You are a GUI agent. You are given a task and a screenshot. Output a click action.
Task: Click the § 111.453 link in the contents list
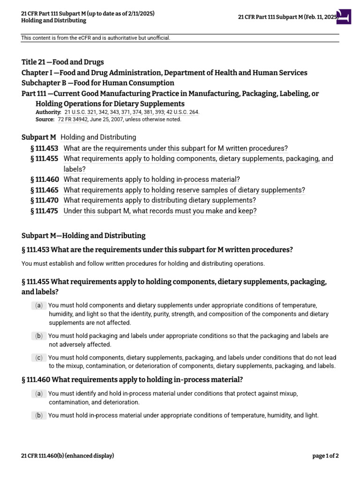(x=44, y=148)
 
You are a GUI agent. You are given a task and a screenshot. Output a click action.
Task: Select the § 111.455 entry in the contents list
(x=44, y=158)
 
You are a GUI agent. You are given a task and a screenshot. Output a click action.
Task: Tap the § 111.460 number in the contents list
(x=44, y=179)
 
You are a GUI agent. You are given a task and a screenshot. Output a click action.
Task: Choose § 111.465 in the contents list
(x=44, y=190)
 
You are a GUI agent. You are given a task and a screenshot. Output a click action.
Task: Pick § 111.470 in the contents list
(x=44, y=200)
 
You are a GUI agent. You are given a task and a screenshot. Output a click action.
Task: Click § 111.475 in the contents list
(x=44, y=211)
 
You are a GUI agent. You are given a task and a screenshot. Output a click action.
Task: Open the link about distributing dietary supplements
(x=159, y=200)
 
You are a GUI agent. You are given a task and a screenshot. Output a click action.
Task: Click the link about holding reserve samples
(x=184, y=190)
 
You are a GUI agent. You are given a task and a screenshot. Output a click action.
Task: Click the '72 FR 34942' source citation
(x=72, y=119)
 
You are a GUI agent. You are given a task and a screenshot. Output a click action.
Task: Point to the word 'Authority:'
(x=48, y=112)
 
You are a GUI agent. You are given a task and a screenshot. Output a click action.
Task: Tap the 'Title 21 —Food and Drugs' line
(x=63, y=62)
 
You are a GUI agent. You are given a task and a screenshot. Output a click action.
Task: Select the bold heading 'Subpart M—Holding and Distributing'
(x=83, y=235)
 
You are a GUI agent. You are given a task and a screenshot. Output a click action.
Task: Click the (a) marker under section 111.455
(x=39, y=306)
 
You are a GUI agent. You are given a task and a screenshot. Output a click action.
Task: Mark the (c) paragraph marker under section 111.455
(x=39, y=358)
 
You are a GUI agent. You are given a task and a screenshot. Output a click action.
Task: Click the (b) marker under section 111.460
(x=39, y=415)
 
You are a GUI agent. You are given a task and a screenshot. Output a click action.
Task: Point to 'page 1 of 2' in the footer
(x=325, y=456)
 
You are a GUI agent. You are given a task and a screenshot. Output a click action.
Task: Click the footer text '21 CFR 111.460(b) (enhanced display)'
(x=67, y=456)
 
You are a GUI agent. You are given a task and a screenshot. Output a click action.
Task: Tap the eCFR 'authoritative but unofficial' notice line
(x=95, y=38)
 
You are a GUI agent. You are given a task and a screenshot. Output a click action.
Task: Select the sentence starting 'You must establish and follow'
(x=143, y=263)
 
